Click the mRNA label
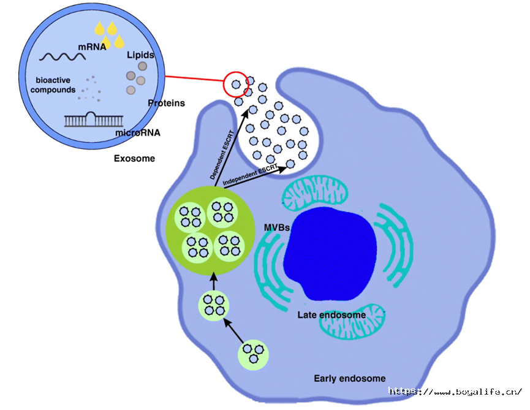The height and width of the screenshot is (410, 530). (x=92, y=47)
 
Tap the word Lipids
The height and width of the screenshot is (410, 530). (x=140, y=55)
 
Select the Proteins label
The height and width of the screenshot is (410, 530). (x=166, y=103)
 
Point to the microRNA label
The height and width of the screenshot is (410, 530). (x=138, y=133)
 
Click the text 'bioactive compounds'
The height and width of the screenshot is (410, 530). (x=53, y=85)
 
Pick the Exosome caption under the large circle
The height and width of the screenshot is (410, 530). (x=135, y=159)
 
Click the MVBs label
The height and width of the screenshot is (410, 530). (x=277, y=227)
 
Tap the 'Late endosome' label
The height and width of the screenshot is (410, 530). (x=331, y=315)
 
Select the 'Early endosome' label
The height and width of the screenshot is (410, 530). (x=350, y=378)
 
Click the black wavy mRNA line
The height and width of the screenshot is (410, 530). (x=62, y=57)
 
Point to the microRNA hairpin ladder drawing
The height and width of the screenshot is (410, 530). (x=94, y=120)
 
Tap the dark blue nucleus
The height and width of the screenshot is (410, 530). (x=330, y=254)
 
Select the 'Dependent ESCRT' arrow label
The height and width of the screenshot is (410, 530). (x=222, y=155)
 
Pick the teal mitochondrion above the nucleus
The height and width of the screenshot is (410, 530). (x=315, y=192)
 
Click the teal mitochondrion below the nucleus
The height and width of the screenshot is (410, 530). (x=352, y=322)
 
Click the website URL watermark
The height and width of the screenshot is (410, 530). (x=456, y=392)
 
